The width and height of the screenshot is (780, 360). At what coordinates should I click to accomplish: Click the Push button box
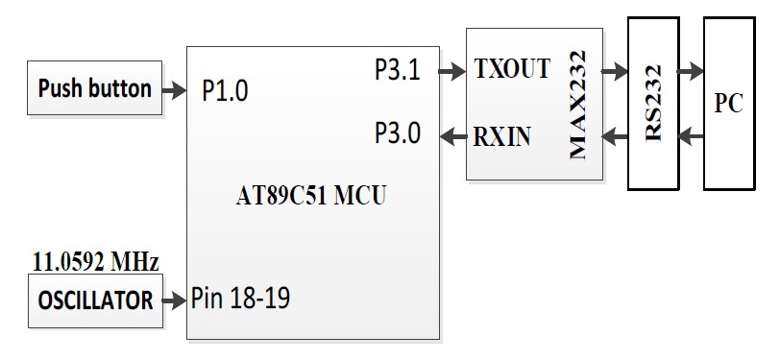point(94,89)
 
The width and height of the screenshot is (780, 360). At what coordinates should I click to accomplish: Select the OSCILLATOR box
point(94,301)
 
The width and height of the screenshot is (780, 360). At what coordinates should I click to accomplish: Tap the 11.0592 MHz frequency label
point(96,261)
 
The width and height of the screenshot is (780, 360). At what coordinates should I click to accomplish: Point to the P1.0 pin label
point(226,90)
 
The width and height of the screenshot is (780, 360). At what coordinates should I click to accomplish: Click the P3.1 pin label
point(398,70)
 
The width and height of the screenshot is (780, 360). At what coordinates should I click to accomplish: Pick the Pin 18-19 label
point(241,299)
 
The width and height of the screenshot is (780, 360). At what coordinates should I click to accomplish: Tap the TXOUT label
point(512,70)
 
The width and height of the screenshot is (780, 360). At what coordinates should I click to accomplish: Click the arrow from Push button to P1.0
point(175,90)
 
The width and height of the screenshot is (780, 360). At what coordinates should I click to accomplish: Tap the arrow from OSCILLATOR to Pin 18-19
point(175,301)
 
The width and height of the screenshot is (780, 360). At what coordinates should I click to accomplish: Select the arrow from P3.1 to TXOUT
point(449,70)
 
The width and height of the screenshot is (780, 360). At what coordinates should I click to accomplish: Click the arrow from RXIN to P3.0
point(452,136)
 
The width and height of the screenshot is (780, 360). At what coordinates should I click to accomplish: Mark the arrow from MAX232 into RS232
point(613,70)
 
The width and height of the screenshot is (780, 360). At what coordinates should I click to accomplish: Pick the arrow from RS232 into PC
point(689,70)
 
